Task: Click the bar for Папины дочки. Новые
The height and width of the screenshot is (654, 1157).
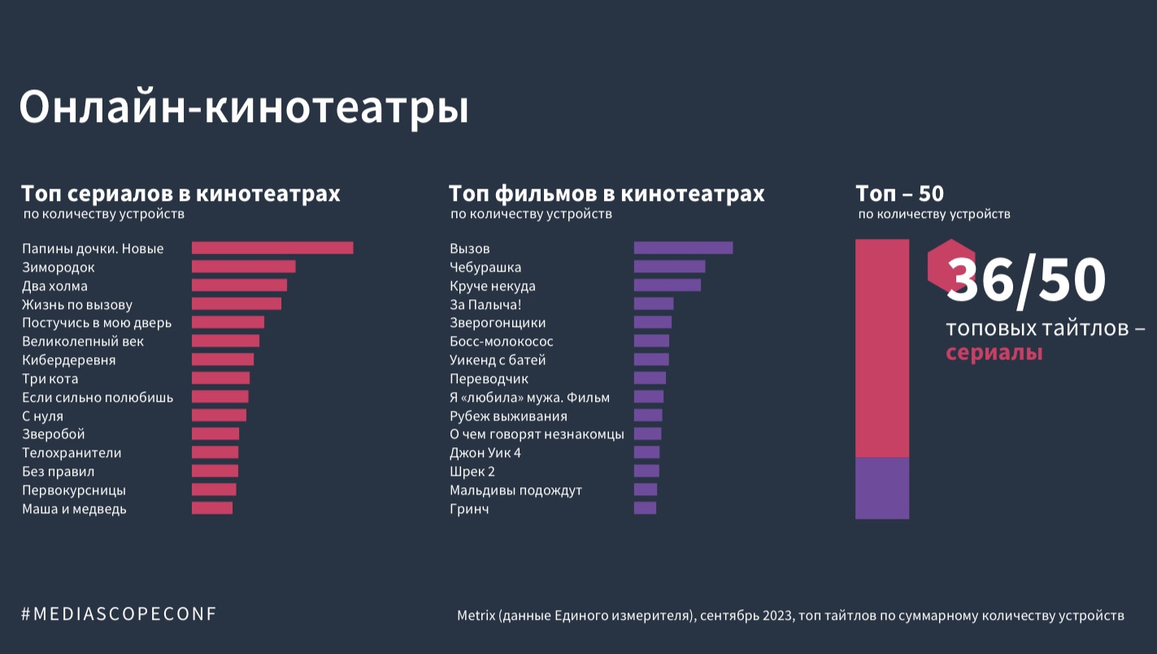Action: [272, 248]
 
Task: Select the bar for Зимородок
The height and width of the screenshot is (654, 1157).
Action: [243, 267]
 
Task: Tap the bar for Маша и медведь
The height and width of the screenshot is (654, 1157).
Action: [212, 508]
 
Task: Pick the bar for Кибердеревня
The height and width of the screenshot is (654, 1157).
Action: [223, 360]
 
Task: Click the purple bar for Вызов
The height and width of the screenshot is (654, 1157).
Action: [683, 248]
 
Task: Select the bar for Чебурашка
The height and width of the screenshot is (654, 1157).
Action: [669, 267]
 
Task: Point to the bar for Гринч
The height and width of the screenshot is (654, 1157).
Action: [645, 508]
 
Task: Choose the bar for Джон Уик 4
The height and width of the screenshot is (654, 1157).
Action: [646, 452]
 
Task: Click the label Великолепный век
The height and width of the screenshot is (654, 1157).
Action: [83, 341]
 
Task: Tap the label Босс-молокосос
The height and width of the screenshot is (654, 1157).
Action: [502, 341]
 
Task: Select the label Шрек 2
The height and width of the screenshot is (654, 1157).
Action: [472, 471]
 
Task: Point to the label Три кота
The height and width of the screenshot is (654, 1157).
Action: [50, 378]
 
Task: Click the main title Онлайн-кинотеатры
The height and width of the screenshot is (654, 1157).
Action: [244, 107]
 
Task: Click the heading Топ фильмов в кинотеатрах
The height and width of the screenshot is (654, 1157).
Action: [607, 194]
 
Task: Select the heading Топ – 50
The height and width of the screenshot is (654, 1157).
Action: [899, 194]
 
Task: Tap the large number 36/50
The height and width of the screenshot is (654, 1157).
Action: [1026, 281]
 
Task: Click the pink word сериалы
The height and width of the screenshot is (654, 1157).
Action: [994, 354]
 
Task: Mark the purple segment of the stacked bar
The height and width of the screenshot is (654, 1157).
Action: [882, 488]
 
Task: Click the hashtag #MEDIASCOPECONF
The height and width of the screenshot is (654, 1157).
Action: [120, 614]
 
